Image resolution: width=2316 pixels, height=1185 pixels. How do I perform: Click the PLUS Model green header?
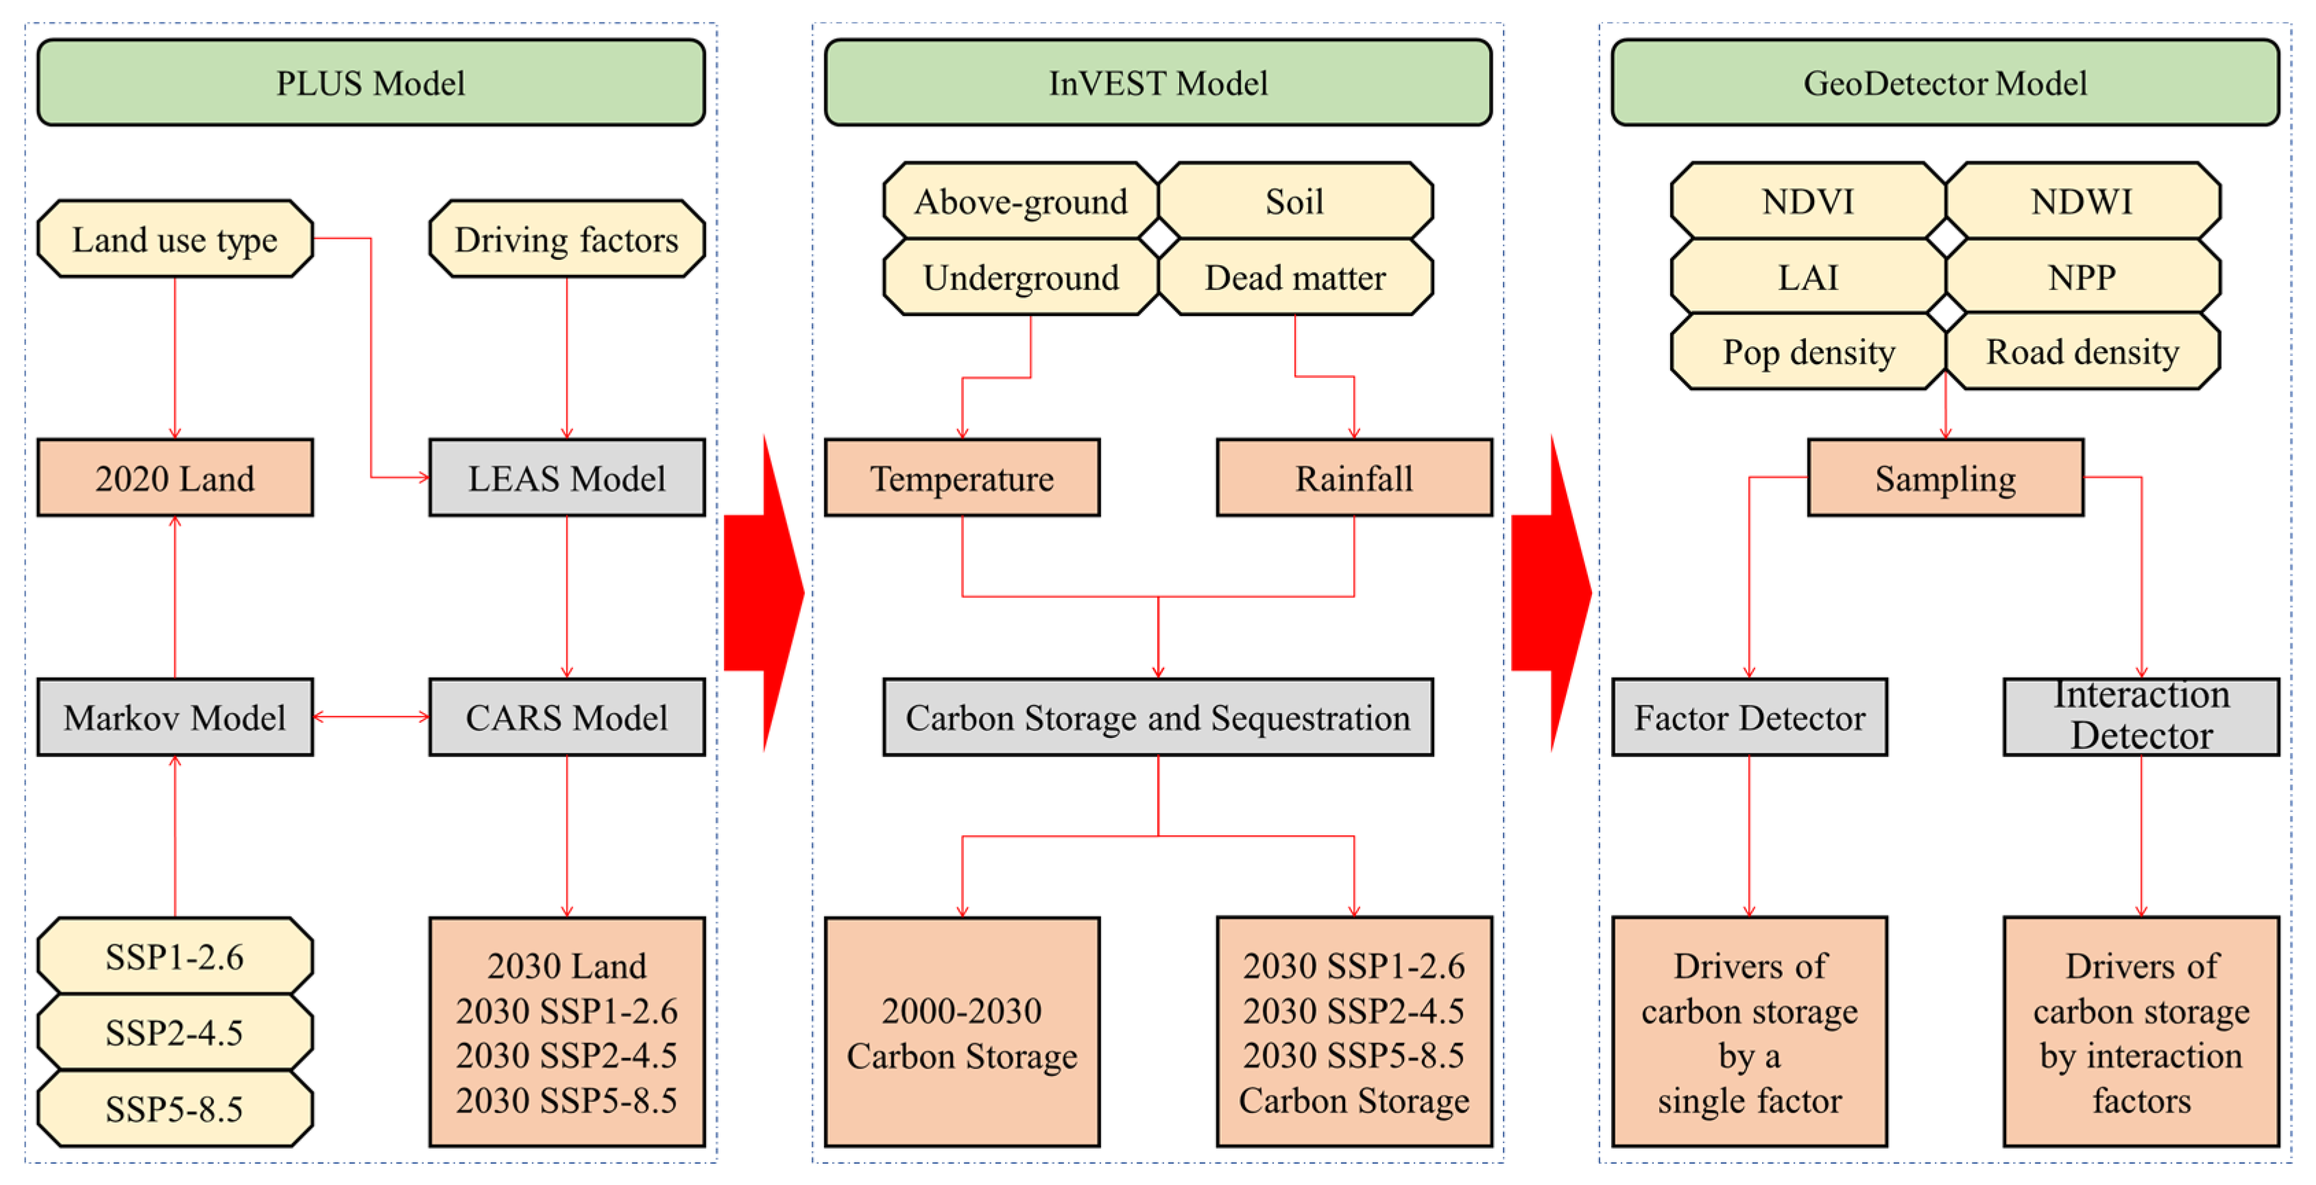pos(370,83)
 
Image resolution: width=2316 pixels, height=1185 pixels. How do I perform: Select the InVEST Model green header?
pos(1157,83)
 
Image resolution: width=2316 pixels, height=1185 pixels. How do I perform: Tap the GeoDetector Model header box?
pos(1944,83)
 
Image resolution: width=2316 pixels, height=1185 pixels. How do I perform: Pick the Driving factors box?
pos(566,239)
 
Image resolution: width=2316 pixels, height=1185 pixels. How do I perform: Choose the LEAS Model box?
pos(566,477)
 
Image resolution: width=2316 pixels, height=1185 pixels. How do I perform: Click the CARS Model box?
pos(566,717)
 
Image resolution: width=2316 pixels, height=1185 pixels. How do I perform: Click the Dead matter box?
pos(1294,277)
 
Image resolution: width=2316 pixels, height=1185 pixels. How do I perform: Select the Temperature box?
pos(962,477)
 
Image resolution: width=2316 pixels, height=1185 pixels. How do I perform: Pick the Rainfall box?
pos(1354,477)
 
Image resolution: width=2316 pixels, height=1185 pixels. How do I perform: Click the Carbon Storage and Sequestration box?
pos(1157,717)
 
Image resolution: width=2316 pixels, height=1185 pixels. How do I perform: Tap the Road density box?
pos(2082,352)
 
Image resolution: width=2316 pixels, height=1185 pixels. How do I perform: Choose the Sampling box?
pos(1944,477)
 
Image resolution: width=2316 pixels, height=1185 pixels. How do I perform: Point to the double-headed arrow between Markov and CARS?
pos(370,717)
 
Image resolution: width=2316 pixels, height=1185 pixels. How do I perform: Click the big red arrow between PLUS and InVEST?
pos(764,593)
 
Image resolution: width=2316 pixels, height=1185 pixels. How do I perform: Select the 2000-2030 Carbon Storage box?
pos(962,1031)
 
